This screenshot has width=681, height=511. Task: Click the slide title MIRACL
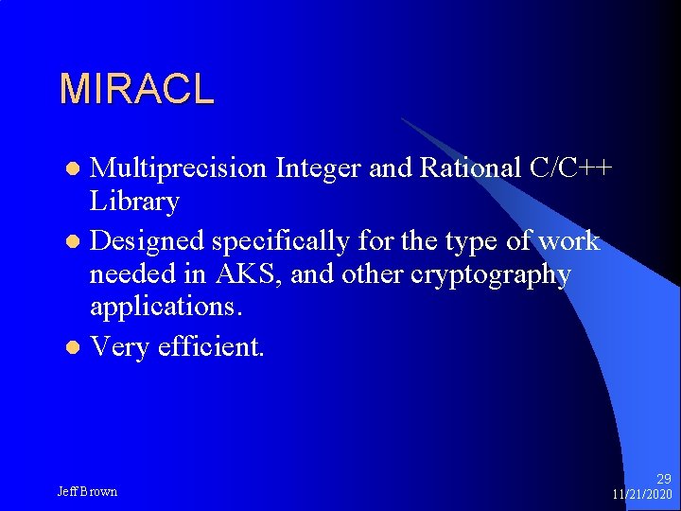(136, 89)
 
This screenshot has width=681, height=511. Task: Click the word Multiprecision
(179, 167)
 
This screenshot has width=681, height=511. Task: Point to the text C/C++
(572, 167)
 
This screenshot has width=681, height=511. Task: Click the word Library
(134, 202)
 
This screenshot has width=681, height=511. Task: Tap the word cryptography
(488, 274)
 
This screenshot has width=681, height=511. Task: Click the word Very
(119, 347)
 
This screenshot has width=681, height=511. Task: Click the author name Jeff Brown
(87, 492)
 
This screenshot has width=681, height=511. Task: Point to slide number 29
(663, 480)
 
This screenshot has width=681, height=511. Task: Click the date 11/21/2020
(641, 495)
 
